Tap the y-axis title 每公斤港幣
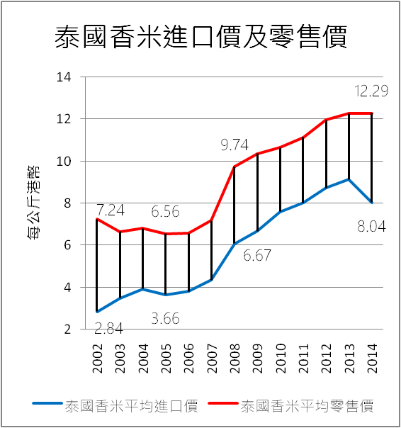point(33,203)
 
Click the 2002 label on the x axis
point(96,360)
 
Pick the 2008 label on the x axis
point(235,360)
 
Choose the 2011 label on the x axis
point(303,360)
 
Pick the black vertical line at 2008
point(235,205)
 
